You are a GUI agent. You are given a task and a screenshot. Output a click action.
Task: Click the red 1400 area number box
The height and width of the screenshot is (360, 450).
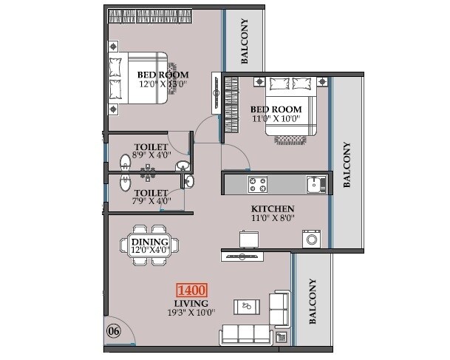[x=192, y=291]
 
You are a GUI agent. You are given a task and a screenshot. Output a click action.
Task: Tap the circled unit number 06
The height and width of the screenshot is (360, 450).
[x=114, y=330]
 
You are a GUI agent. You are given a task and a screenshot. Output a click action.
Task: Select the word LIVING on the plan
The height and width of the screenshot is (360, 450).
[x=191, y=303]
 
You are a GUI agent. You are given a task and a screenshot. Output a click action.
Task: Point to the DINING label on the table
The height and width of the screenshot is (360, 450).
[x=151, y=242]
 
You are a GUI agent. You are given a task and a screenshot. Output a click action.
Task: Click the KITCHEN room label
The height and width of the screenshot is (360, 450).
[x=273, y=209]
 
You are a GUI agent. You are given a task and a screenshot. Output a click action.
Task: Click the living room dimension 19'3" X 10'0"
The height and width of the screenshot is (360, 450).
[x=191, y=313]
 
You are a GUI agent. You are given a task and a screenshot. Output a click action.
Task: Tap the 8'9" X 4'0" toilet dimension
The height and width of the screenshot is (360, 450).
[x=151, y=156]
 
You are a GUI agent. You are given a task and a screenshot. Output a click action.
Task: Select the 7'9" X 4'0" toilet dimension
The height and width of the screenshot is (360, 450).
[x=151, y=200]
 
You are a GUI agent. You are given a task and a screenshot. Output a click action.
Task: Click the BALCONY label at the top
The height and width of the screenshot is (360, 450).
[x=245, y=41]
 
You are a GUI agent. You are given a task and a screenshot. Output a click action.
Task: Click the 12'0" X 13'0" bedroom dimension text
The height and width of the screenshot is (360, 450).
[x=163, y=84]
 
